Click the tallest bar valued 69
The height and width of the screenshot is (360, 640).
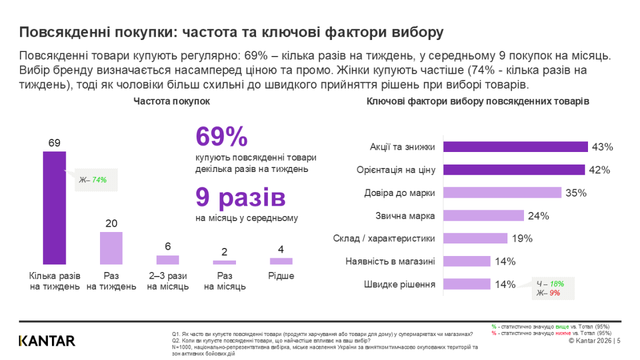[54, 207]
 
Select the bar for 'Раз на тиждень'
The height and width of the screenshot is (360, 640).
[111, 248]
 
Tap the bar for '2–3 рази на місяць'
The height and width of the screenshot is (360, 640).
[167, 260]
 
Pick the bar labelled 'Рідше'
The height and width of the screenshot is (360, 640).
[281, 261]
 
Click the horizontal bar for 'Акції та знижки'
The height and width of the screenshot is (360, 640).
[516, 147]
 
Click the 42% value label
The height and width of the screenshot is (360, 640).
[600, 170]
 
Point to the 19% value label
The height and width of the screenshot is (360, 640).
[522, 238]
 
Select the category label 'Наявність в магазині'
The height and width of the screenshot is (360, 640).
[390, 261]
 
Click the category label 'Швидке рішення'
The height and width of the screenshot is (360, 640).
[399, 284]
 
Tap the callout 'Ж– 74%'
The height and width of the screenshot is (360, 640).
[93, 180]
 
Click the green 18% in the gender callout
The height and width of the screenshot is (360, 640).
[557, 283]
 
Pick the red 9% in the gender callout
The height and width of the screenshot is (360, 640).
[554, 293]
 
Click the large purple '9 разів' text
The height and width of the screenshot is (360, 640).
[240, 197]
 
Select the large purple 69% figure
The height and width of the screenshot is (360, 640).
[222, 137]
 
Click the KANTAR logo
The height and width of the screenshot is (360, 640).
[47, 341]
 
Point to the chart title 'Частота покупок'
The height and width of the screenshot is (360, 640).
[171, 101]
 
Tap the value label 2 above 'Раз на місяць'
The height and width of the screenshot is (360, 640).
[224, 252]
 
